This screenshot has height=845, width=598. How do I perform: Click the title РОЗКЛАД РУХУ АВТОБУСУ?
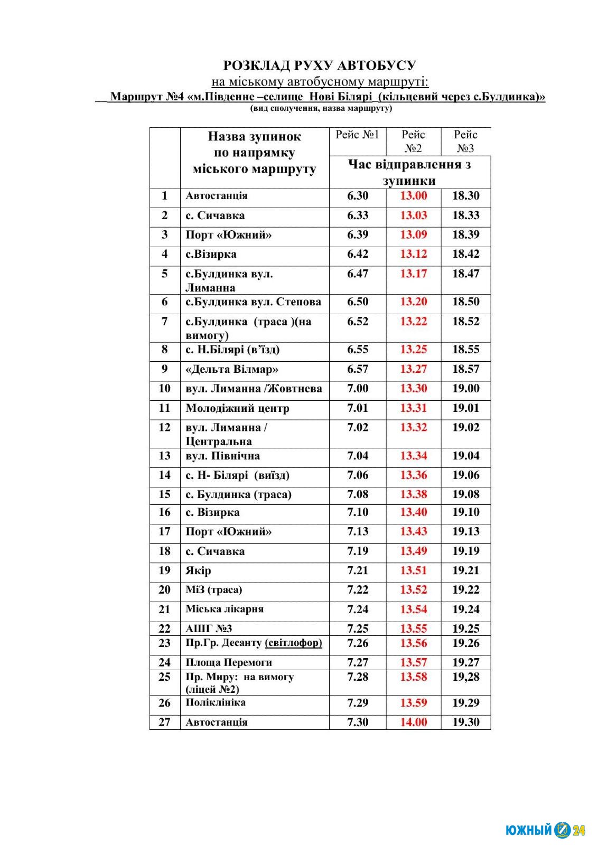[x=320, y=65]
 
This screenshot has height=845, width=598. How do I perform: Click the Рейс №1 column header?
[x=357, y=135]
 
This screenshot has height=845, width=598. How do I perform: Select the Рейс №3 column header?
[x=465, y=141]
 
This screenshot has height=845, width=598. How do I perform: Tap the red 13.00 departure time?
[x=413, y=196]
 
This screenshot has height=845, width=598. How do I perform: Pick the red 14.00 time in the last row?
[x=413, y=722]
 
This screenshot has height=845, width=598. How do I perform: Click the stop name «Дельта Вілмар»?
[x=232, y=369]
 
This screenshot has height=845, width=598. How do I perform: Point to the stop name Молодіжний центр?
[x=237, y=408]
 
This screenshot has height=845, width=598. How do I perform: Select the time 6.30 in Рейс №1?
[x=358, y=196]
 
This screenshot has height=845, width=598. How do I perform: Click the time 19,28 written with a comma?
[x=465, y=677]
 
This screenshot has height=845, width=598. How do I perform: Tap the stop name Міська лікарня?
[x=225, y=609]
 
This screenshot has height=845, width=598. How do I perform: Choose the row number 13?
[x=164, y=456]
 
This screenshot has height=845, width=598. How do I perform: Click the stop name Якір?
[x=198, y=570]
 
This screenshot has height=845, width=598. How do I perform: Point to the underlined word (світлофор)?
[x=293, y=643]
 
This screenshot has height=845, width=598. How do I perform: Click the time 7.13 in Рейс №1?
[x=358, y=532]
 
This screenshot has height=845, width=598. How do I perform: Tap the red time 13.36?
[x=413, y=475]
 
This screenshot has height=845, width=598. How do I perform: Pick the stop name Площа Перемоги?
[x=229, y=662]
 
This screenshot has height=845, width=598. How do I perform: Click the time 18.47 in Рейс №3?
[x=465, y=274]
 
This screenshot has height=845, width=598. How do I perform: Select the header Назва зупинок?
[x=254, y=136]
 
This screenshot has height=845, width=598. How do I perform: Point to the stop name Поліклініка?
[x=216, y=702]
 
